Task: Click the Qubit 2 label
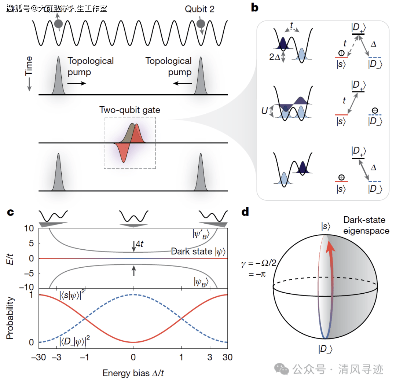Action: tap(199, 9)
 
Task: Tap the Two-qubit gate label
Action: tap(129, 109)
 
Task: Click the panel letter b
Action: tap(255, 8)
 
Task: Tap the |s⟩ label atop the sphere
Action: tap(325, 227)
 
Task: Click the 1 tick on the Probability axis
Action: tap(31, 294)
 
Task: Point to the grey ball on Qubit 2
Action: tap(200, 24)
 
